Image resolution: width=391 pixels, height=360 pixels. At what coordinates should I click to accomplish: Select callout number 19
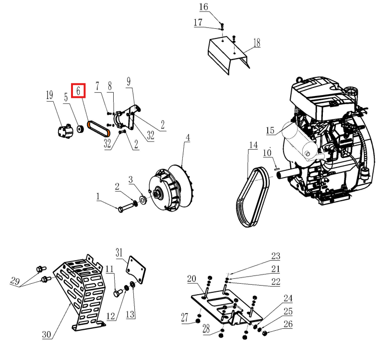pos(49,96)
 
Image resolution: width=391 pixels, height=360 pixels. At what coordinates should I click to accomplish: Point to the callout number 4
pos(188,138)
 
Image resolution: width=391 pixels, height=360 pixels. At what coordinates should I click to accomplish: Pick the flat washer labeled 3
pos(143,199)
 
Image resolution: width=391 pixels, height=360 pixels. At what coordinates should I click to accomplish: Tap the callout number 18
pos(257,43)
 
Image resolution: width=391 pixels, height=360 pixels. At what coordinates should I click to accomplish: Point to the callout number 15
pos(270,131)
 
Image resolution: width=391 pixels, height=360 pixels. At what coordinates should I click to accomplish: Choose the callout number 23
pos(275,256)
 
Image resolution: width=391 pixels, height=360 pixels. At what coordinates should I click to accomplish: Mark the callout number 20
pos(191,279)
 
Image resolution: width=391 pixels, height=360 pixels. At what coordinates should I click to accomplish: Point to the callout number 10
pos(267,153)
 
